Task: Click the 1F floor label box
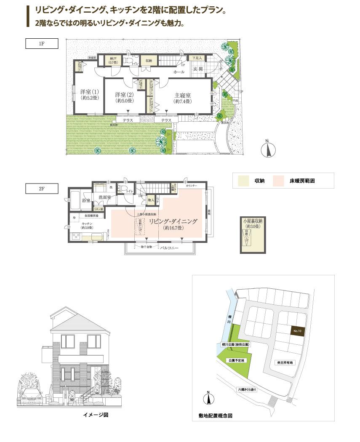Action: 42,44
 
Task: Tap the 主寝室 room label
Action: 182,95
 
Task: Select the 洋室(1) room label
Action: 89,92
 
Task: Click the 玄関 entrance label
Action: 198,69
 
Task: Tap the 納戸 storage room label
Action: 112,59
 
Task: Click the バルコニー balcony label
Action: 170,248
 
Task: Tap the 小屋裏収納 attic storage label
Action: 253,221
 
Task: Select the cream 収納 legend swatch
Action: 243,181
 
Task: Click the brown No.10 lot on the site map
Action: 297,331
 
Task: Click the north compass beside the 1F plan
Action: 267,149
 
